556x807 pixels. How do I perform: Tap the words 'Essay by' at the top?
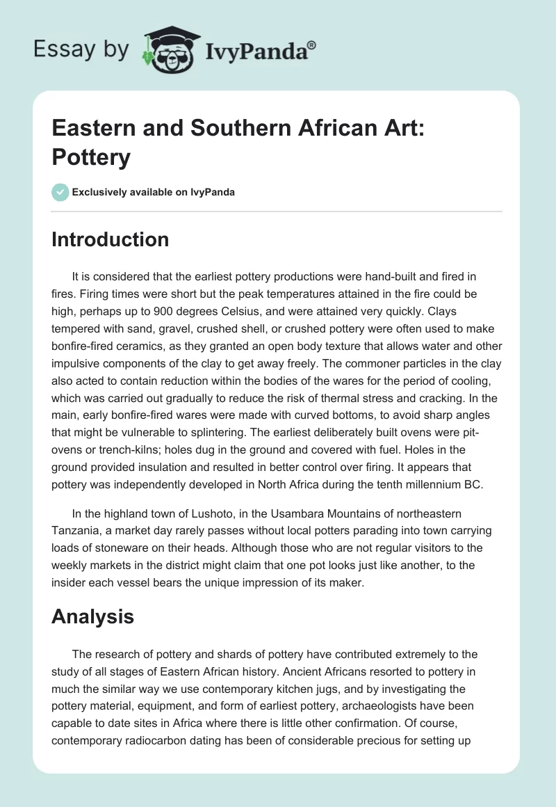point(82,49)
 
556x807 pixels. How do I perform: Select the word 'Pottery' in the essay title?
point(91,157)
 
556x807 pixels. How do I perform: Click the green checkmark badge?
point(60,192)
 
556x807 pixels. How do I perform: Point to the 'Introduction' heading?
point(111,239)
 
